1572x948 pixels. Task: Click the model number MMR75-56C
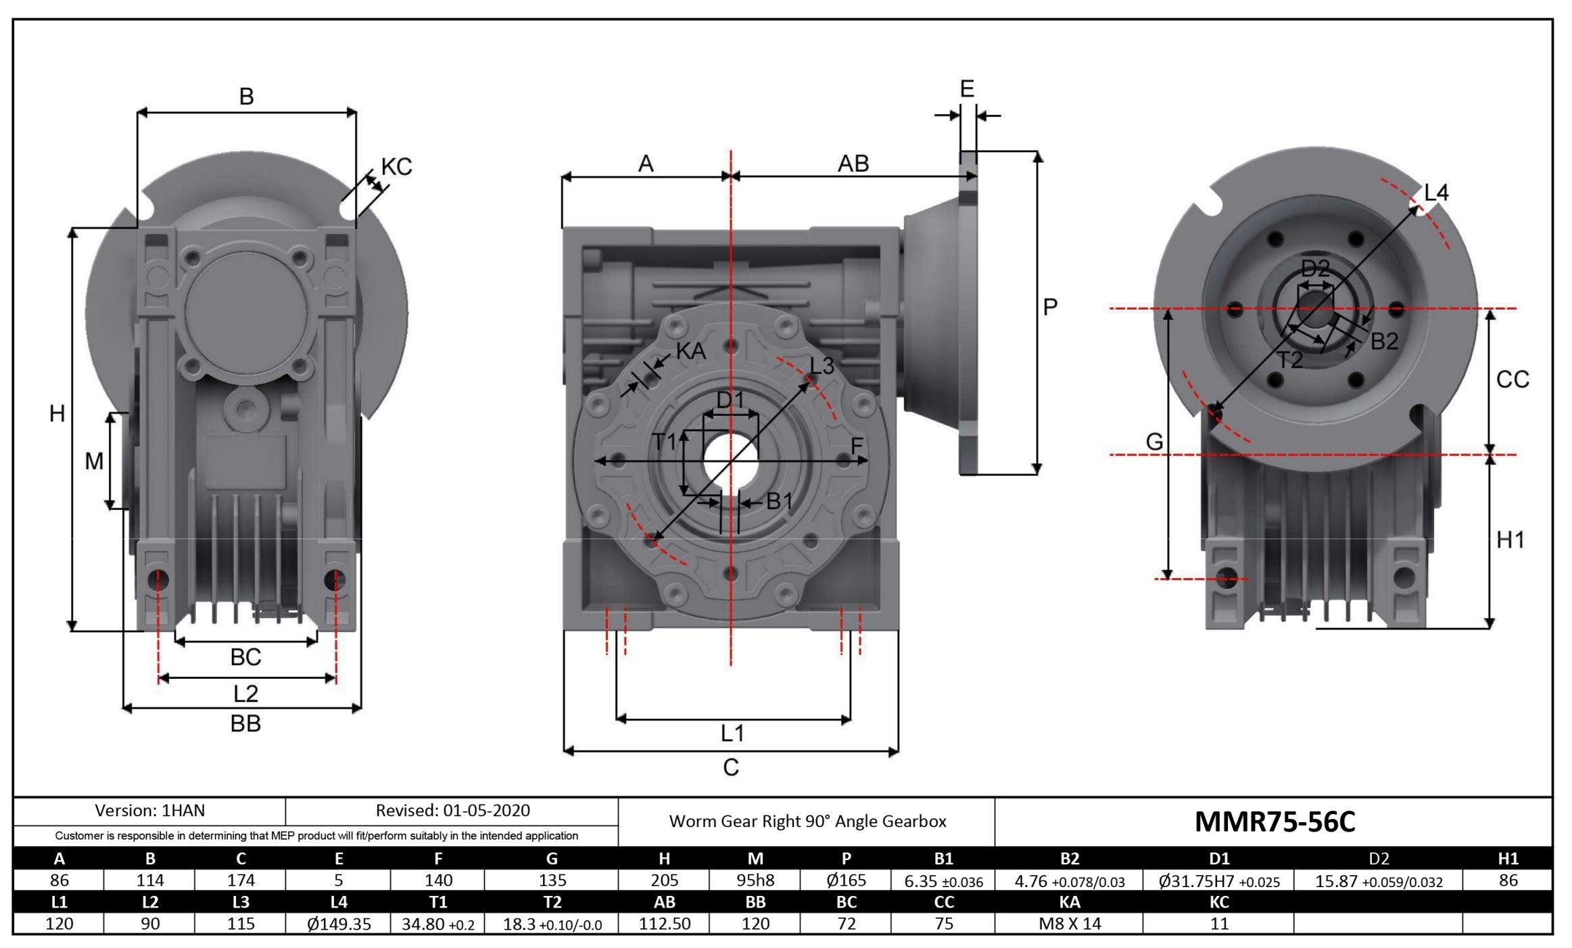pyautogui.click(x=1275, y=822)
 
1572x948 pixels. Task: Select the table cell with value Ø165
pyautogui.click(x=846, y=880)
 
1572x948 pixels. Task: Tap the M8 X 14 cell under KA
pyautogui.click(x=1070, y=924)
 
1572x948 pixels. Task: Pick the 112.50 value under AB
pyautogui.click(x=665, y=924)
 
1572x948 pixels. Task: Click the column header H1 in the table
pyautogui.click(x=1508, y=859)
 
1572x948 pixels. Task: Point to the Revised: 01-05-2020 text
pyautogui.click(x=452, y=810)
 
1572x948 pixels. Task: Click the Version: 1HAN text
pyautogui.click(x=149, y=810)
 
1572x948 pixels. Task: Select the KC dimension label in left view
pyautogui.click(x=396, y=167)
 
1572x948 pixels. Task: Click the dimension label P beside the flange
pyautogui.click(x=1049, y=308)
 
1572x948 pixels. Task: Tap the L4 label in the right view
pyautogui.click(x=1436, y=193)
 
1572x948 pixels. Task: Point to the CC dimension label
pyautogui.click(x=1513, y=380)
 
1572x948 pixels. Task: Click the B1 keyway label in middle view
pyautogui.click(x=779, y=502)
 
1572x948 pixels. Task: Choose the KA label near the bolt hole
pyautogui.click(x=691, y=352)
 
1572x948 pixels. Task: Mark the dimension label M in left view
pyautogui.click(x=94, y=462)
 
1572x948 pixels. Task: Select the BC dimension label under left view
pyautogui.click(x=245, y=657)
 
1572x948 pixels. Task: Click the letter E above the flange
pyautogui.click(x=967, y=89)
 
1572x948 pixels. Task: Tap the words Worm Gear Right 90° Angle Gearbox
pyautogui.click(x=807, y=822)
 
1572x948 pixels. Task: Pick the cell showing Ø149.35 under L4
pyautogui.click(x=339, y=924)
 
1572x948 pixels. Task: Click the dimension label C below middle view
pyautogui.click(x=731, y=767)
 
